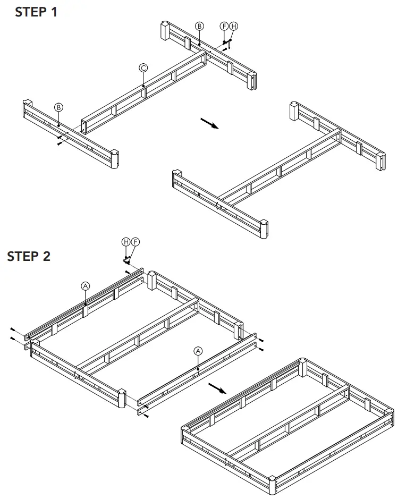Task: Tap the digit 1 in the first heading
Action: pos(54,13)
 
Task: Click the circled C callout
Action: pos(143,67)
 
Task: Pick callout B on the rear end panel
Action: pos(199,26)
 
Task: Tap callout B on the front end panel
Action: pos(58,107)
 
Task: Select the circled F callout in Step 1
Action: pos(224,26)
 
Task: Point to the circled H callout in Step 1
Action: pos(233,26)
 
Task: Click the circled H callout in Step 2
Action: pos(126,242)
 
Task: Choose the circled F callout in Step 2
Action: pos(135,242)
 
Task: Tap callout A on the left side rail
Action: pos(86,285)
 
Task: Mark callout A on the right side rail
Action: pos(198,351)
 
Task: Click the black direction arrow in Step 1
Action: pos(209,123)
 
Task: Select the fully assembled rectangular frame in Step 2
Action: pos(290,425)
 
